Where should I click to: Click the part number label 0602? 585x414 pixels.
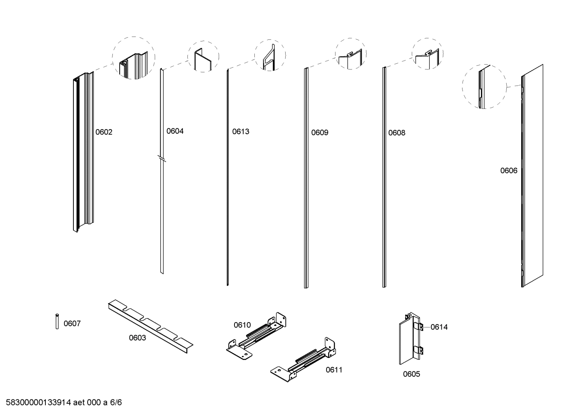click(x=104, y=132)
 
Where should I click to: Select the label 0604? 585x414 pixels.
click(x=175, y=131)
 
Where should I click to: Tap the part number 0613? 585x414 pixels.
click(x=241, y=132)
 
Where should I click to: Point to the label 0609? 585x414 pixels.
click(x=320, y=132)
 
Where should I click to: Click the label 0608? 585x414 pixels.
click(x=396, y=133)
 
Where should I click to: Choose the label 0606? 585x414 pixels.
click(x=508, y=171)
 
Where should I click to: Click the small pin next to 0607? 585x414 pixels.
click(x=57, y=321)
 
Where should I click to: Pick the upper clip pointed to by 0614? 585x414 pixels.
click(x=420, y=327)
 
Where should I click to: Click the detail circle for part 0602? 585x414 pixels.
click(x=133, y=58)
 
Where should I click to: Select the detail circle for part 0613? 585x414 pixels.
click(x=270, y=56)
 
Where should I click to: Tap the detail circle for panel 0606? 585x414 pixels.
click(x=484, y=86)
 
